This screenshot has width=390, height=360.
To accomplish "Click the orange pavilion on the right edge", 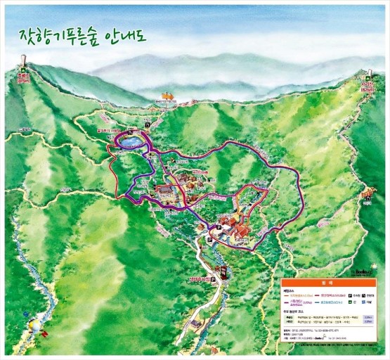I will (366, 195).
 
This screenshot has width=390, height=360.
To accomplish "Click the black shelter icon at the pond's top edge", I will (130, 133).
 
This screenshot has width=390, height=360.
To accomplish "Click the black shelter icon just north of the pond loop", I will (148, 124).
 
